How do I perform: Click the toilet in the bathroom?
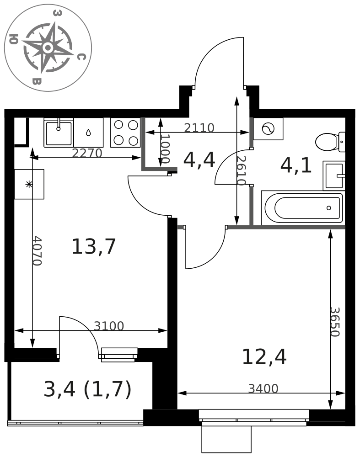click(x=330, y=142)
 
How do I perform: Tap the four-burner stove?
click(x=126, y=133)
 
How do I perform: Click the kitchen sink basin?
click(x=59, y=133)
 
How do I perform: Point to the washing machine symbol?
click(x=268, y=129)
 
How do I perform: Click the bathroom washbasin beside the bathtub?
click(x=334, y=175)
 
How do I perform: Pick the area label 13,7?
click(x=94, y=247)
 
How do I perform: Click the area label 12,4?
click(x=264, y=357)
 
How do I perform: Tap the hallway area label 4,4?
click(x=199, y=160)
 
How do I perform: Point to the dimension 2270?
click(x=87, y=153)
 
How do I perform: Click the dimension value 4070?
click(x=37, y=250)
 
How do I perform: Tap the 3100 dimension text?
click(x=109, y=326)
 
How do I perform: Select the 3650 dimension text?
click(x=335, y=322)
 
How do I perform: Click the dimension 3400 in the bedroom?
click(x=263, y=388)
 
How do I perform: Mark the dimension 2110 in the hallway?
click(x=199, y=128)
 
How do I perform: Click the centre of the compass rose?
click(x=48, y=48)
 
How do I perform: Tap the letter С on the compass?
click(x=81, y=57)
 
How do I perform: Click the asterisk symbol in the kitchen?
click(x=29, y=184)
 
